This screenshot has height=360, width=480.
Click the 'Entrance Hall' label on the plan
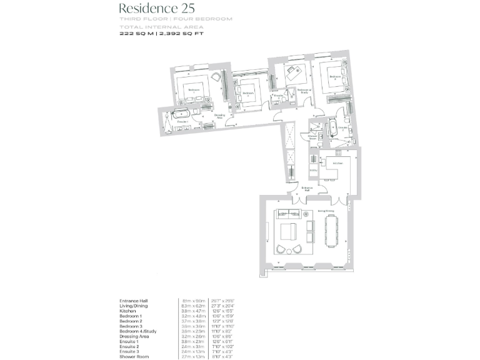(x=307, y=189)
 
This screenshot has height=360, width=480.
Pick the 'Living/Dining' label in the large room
(x=326, y=211)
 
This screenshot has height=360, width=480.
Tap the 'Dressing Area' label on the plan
(x=219, y=116)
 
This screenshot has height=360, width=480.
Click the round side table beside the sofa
(x=307, y=214)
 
